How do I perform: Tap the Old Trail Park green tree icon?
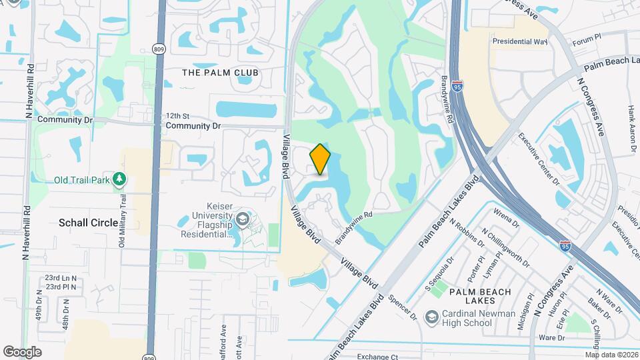click(119, 179)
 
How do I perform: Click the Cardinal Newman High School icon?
click(432, 315)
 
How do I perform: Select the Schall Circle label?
click(88, 223)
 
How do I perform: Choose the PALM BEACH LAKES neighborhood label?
click(480, 297)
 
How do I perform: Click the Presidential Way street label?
click(519, 41)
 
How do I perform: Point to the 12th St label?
click(179, 115)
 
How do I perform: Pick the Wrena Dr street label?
click(506, 215)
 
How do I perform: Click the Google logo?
click(23, 351)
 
